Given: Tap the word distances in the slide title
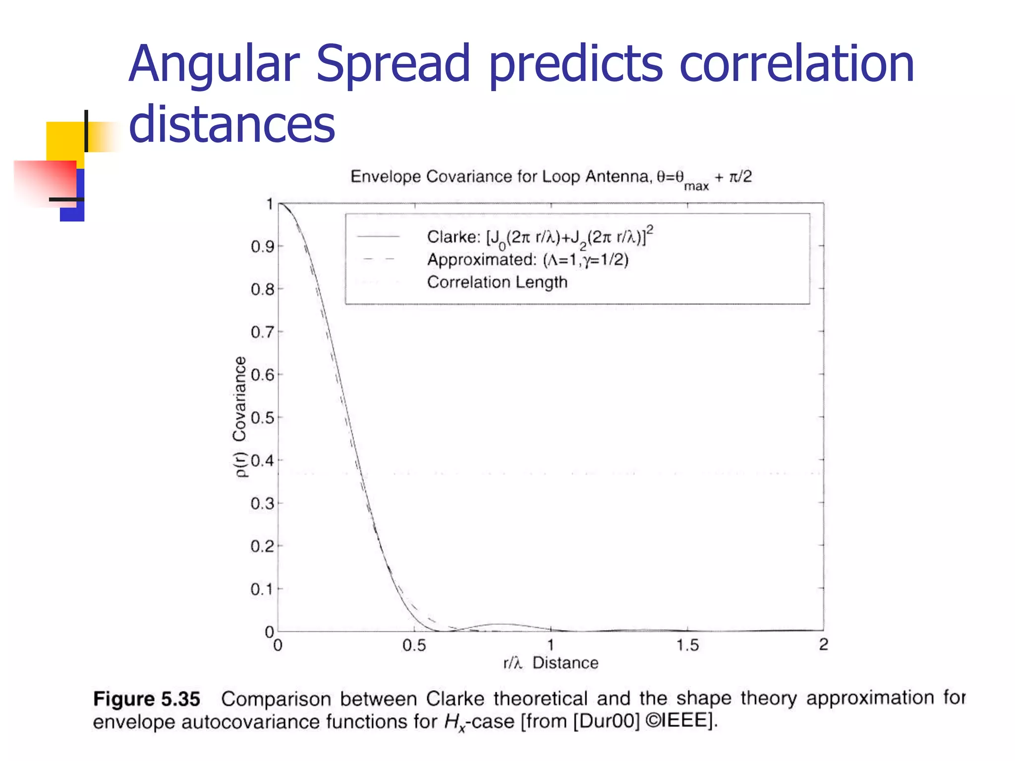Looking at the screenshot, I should (231, 124).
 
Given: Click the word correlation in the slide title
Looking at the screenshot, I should (796, 64).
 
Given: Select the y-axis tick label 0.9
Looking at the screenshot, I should (262, 246).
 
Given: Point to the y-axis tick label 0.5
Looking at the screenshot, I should (262, 418).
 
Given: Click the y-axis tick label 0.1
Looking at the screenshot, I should (262, 589).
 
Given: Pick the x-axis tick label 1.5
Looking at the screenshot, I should (687, 645).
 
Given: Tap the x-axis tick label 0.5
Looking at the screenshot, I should (414, 645).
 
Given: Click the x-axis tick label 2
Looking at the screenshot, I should (823, 645).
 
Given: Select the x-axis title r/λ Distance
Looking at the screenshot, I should (551, 663).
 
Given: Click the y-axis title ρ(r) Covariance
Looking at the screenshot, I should (240, 416).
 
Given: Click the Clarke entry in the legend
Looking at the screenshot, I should (539, 237).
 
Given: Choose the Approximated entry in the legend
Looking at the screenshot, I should (527, 260).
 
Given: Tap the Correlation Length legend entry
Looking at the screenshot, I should (497, 282).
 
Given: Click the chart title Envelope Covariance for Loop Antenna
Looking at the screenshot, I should (550, 177).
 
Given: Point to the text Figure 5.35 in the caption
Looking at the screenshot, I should (147, 699).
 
